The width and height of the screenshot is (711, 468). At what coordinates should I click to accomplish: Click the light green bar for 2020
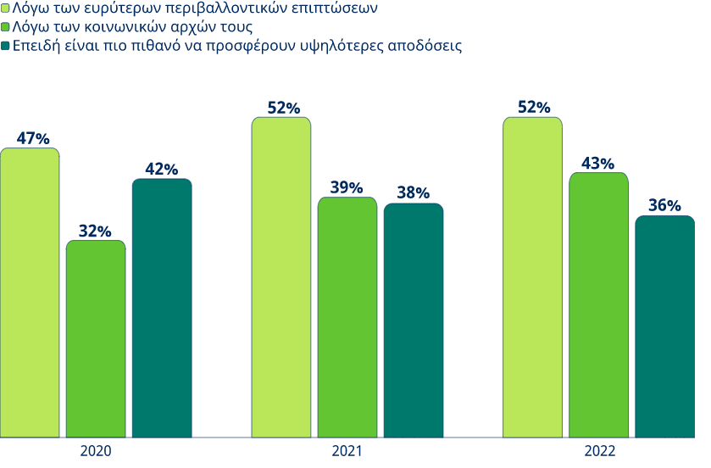click(x=30, y=292)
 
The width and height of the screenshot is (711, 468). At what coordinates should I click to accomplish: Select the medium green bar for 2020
click(x=96, y=339)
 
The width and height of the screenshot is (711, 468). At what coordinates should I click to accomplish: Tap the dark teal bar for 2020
click(x=162, y=309)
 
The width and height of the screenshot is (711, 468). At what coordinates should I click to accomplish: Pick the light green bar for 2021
click(x=281, y=277)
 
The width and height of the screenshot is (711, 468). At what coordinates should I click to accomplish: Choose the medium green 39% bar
click(x=347, y=317)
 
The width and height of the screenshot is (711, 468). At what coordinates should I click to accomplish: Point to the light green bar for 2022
click(x=532, y=277)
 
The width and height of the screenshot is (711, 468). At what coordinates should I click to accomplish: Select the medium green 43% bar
click(x=598, y=305)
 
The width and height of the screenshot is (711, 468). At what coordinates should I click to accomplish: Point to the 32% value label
click(x=96, y=231)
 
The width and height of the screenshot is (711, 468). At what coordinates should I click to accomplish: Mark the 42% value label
click(x=162, y=170)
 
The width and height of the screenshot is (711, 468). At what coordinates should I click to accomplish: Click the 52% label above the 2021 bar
click(x=283, y=108)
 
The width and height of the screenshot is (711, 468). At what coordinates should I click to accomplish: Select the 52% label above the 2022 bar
click(x=534, y=108)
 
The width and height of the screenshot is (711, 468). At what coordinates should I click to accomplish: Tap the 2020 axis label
click(x=96, y=451)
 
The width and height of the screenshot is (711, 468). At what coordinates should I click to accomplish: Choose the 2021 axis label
click(x=347, y=451)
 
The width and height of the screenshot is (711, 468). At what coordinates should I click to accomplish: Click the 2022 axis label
click(x=598, y=451)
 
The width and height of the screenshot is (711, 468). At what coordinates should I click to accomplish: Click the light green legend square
click(x=5, y=9)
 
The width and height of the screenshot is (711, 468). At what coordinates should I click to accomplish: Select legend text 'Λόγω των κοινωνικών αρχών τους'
click(x=133, y=27)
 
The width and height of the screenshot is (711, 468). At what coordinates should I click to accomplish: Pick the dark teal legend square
click(x=5, y=46)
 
